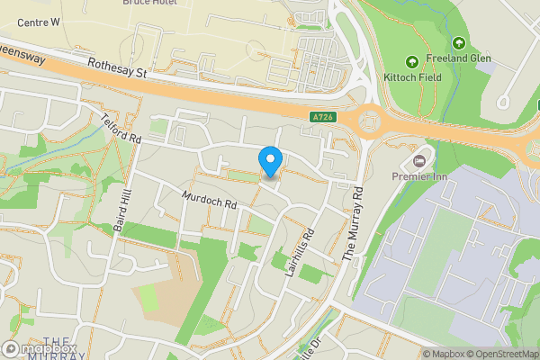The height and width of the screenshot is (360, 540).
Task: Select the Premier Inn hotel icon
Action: (x=418, y=161)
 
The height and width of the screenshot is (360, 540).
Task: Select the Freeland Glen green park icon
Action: (x=459, y=42)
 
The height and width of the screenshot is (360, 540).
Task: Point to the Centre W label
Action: (x=31, y=21)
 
